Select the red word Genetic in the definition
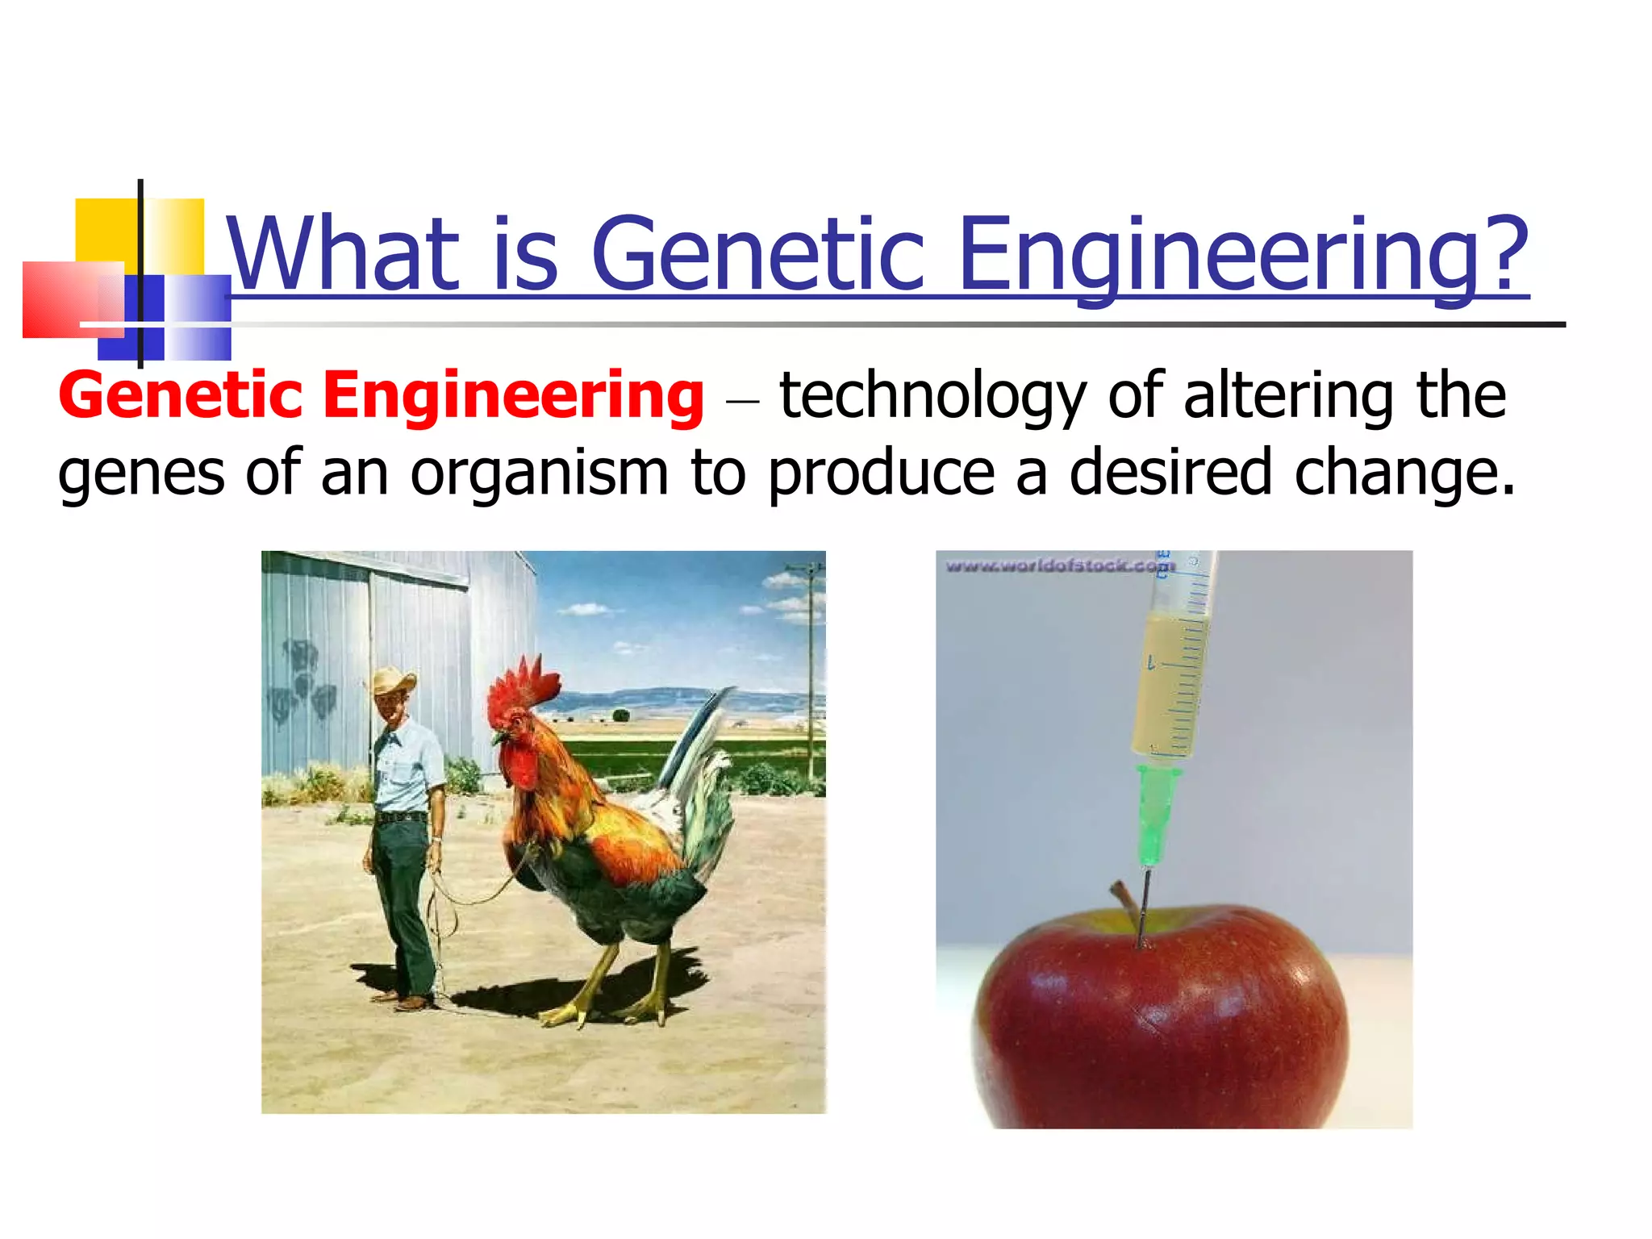(180, 396)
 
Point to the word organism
(539, 473)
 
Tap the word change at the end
(1404, 473)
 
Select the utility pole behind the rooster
(811, 670)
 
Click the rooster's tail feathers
(702, 774)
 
